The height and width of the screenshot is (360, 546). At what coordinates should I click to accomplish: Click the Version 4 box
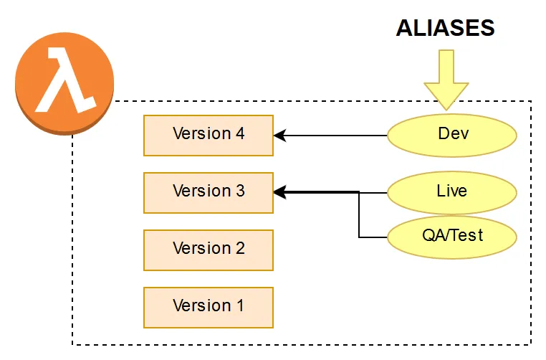208,135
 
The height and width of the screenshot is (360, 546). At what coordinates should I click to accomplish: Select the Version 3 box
208,192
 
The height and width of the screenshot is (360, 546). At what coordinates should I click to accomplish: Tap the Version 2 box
208,250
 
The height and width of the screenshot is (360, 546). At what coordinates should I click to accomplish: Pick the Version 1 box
208,307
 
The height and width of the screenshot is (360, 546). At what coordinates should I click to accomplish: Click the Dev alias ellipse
451,135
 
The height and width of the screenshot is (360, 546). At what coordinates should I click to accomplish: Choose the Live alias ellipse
451,192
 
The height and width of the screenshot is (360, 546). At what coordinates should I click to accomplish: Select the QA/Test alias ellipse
451,235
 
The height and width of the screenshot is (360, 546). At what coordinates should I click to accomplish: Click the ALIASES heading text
445,28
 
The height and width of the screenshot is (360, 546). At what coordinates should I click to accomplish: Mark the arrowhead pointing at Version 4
280,135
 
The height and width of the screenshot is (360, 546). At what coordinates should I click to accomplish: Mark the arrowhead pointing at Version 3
280,192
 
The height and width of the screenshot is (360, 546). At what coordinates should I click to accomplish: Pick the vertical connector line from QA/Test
359,215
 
